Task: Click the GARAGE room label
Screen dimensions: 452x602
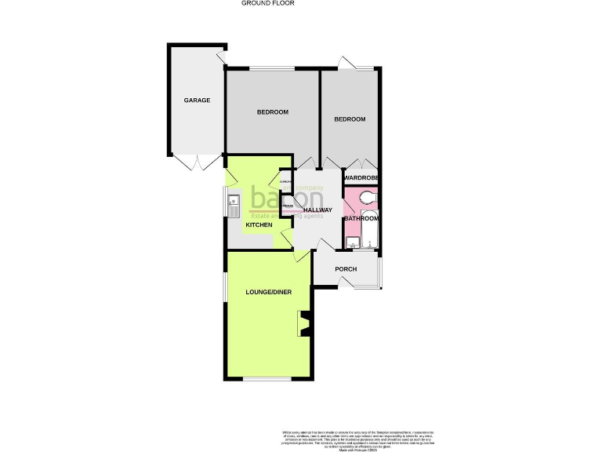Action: (x=197, y=100)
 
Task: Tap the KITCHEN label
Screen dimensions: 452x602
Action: (x=259, y=225)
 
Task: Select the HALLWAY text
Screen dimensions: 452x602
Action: (x=318, y=210)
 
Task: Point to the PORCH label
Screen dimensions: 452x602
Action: (x=346, y=269)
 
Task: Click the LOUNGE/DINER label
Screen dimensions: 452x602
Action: (x=269, y=292)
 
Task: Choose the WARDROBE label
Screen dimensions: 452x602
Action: (x=361, y=179)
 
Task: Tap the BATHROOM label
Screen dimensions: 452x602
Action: (x=361, y=218)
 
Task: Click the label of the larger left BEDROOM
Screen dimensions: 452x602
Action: (x=273, y=112)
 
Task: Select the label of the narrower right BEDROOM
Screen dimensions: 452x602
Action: (x=350, y=119)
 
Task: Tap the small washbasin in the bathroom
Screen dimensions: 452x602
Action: (x=350, y=242)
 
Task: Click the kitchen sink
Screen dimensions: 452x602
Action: (x=234, y=206)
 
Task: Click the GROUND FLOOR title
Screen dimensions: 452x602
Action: (x=268, y=3)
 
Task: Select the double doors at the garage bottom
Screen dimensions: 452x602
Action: (x=199, y=162)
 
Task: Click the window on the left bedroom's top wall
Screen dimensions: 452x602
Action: (x=272, y=69)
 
